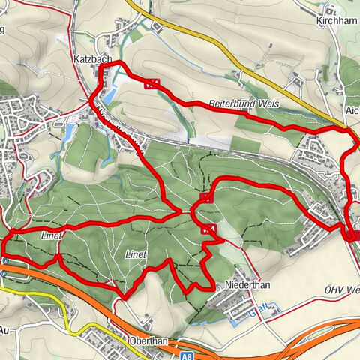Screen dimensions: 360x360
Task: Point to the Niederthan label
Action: [x=246, y=286]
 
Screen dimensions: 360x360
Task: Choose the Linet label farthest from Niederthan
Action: [x=49, y=236]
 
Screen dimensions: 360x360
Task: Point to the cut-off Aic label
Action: [x=352, y=110]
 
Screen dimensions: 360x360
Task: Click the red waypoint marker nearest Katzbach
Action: [x=152, y=84]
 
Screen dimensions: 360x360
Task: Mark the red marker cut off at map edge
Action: [x=355, y=235]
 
